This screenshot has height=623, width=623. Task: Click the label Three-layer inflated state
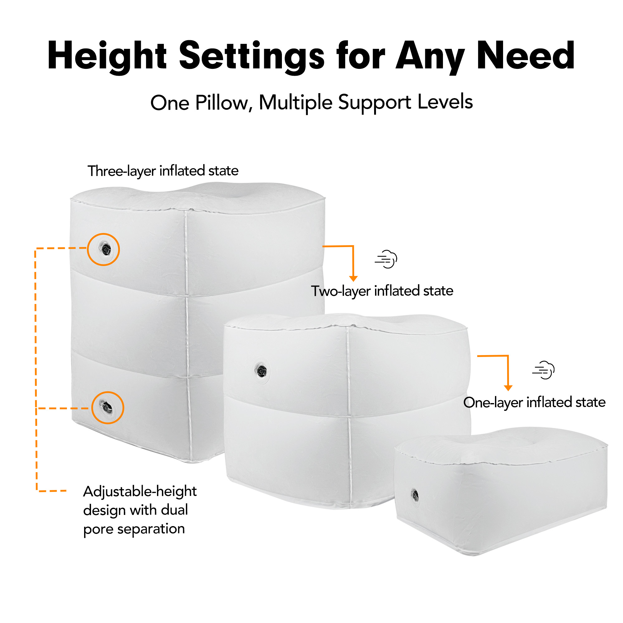[163, 171]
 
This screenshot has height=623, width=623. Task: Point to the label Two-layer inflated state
[382, 291]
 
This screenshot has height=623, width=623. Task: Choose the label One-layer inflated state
[534, 402]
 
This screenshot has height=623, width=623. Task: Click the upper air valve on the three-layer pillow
[106, 249]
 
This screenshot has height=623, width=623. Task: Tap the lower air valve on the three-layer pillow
[107, 407]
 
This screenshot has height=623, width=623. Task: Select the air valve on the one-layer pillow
[415, 495]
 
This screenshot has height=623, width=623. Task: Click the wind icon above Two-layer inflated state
[386, 259]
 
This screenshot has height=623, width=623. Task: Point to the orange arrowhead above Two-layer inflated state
[354, 278]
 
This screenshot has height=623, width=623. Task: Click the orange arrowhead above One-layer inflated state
[508, 388]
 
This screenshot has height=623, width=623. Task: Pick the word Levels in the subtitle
[445, 102]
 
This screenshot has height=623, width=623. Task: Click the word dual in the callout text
[174, 510]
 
